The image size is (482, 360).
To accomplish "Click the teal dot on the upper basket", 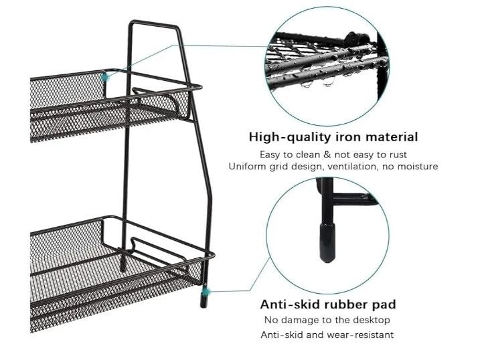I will point(104,78).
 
